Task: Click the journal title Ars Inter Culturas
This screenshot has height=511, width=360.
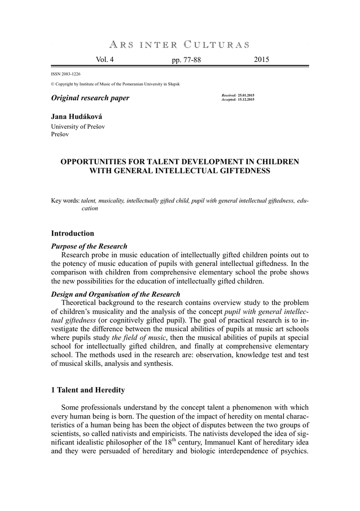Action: click(180, 44)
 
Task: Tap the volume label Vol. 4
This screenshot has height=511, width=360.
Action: click(104, 60)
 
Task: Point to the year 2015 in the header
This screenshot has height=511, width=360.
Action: click(261, 60)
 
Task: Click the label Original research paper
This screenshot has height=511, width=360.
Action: click(90, 98)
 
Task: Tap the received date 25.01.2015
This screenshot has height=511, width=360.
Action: click(246, 94)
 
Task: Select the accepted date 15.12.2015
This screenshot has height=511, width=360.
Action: click(246, 100)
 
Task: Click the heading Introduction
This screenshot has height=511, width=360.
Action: click(72, 234)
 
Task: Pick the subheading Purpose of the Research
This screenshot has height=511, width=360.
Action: click(89, 246)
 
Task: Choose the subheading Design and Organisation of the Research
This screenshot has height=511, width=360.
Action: click(116, 294)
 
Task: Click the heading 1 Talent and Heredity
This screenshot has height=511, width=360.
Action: click(88, 390)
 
